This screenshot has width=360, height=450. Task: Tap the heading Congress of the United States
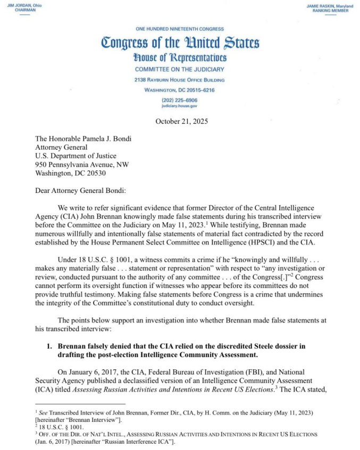point(180,43)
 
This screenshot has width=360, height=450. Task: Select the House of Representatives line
point(180,57)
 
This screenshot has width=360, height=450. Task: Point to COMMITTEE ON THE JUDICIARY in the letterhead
point(180,70)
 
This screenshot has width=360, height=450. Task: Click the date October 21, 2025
point(180,122)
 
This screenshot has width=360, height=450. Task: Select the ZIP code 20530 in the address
point(94,173)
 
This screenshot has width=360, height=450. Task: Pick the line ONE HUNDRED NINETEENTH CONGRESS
point(180,29)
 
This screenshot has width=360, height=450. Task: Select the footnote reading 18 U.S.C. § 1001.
point(54,427)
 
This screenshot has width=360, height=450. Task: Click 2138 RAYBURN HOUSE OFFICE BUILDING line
point(180,80)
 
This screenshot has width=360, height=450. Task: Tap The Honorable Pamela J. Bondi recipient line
point(84,139)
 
